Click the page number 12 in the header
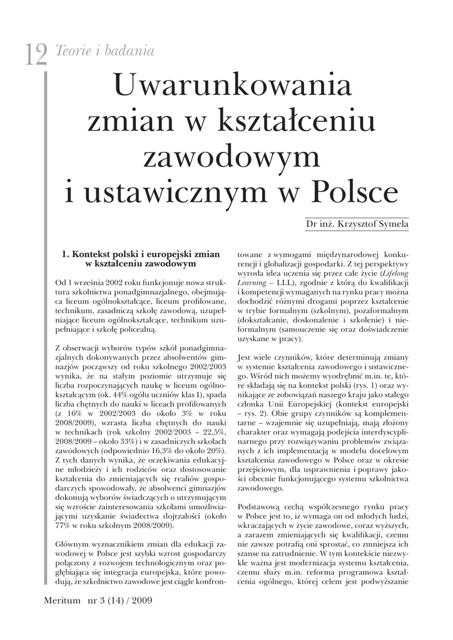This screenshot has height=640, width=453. [x=36, y=56]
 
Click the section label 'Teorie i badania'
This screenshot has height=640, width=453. [x=105, y=50]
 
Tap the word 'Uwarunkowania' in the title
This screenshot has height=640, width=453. [x=232, y=86]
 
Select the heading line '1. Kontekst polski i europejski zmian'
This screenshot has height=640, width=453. [x=141, y=254]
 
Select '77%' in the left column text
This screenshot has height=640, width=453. [x=64, y=526]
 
